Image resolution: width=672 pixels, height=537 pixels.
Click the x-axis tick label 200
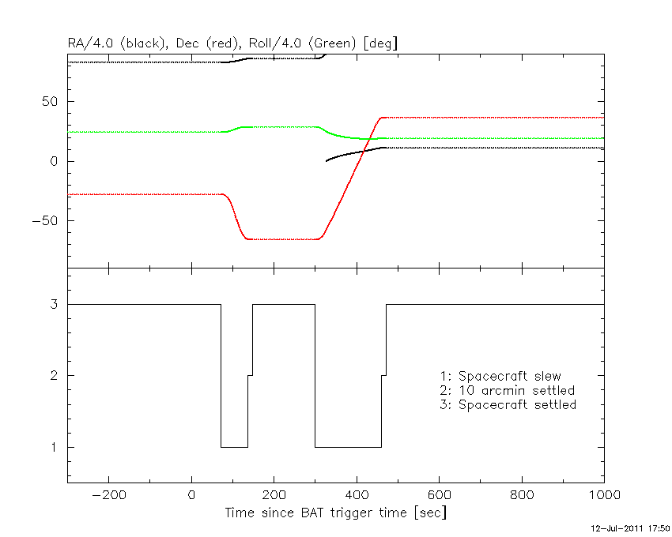pos(274,495)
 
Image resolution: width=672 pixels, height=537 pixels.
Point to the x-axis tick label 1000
pos(603,495)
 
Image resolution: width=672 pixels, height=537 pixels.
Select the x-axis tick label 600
pos(439,495)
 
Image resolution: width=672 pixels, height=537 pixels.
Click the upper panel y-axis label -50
pos(45,221)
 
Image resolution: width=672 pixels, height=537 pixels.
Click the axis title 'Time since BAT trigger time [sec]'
pos(336,513)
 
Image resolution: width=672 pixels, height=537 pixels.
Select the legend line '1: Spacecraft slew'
pos(500,377)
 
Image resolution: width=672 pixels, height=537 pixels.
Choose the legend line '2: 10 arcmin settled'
pos(507,391)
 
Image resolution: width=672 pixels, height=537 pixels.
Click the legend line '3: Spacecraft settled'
pos(508,405)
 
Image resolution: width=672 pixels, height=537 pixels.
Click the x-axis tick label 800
pos(521,495)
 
